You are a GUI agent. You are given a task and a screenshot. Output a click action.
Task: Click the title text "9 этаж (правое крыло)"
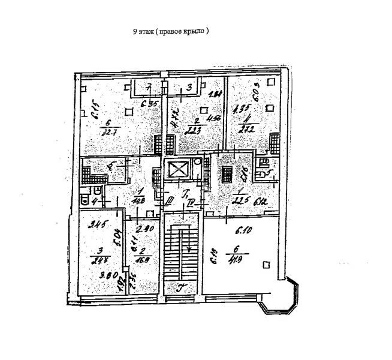tap(171, 31)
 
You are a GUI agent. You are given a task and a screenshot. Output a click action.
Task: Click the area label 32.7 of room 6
tap(109, 133)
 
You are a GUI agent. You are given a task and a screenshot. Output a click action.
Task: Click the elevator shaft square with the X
tap(179, 170)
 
